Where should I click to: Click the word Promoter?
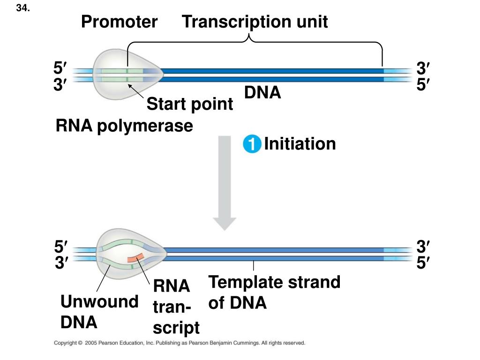[x=120, y=22]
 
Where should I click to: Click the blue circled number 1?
[x=252, y=143]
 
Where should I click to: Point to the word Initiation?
[x=300, y=143]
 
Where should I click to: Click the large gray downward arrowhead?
[x=225, y=224]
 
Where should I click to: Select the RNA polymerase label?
[x=124, y=126]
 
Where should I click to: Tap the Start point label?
[x=190, y=104]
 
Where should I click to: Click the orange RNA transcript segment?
[x=136, y=258]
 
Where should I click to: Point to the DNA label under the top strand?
[x=262, y=92]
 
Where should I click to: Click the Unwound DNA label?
[x=99, y=312]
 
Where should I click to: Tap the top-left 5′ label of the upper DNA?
[x=60, y=67]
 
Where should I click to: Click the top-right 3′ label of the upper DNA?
[x=423, y=68]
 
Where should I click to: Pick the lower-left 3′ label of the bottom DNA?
[x=61, y=262]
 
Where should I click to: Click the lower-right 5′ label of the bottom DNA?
[x=423, y=262]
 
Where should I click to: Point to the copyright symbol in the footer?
[x=80, y=343]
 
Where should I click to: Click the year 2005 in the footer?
[x=90, y=343]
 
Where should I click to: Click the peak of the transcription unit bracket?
[x=249, y=35]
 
